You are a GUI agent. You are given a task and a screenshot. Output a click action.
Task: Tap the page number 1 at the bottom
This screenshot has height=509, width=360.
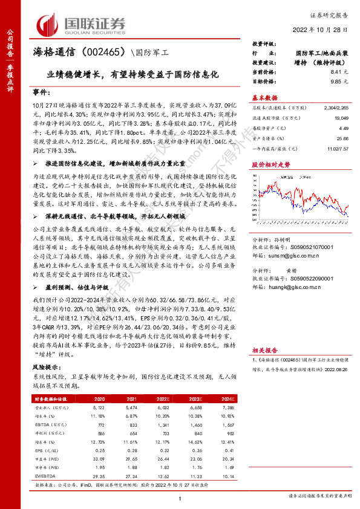[x=180, y=498]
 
